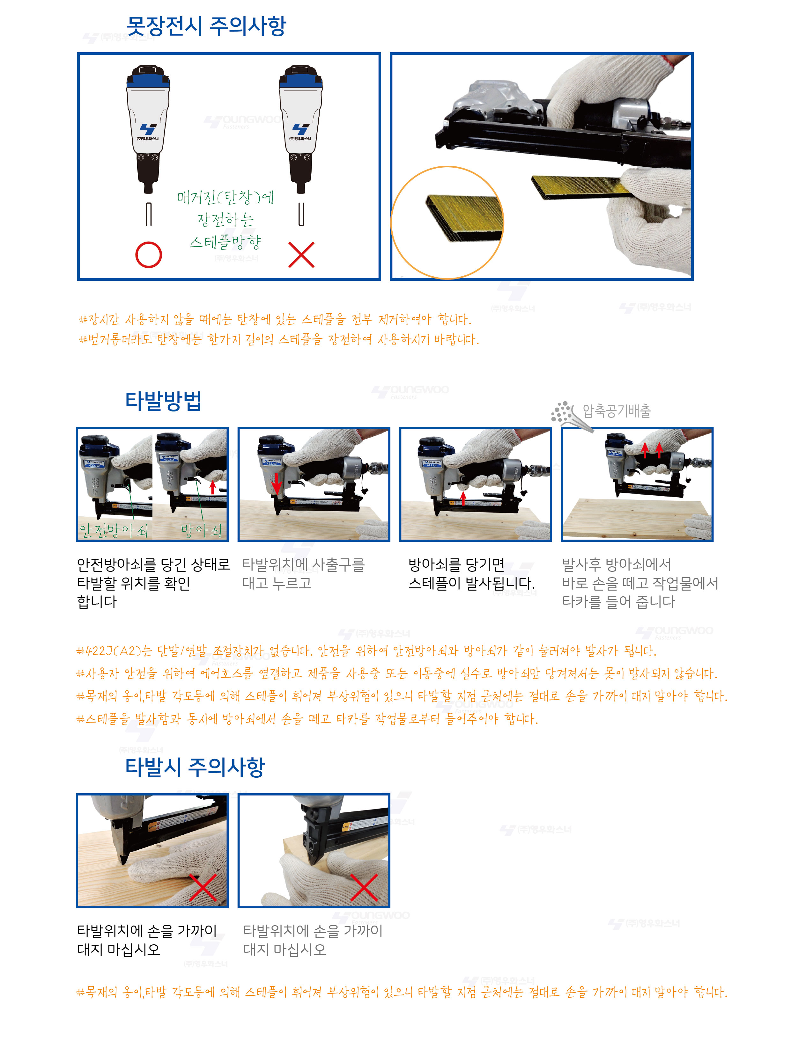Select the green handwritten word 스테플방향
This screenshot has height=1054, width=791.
tap(225, 242)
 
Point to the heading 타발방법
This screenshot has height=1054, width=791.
tap(163, 401)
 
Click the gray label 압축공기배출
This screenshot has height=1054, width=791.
tap(617, 411)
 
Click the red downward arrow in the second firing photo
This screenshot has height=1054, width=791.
tap(276, 484)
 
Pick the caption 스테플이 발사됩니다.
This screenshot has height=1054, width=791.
tap(471, 583)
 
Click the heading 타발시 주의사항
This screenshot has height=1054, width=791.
tap(195, 767)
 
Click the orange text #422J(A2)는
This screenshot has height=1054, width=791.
tap(114, 651)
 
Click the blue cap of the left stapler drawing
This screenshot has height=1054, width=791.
tap(148, 77)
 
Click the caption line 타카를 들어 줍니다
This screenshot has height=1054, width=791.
tap(618, 602)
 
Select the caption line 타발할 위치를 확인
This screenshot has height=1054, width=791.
tap(134, 583)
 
